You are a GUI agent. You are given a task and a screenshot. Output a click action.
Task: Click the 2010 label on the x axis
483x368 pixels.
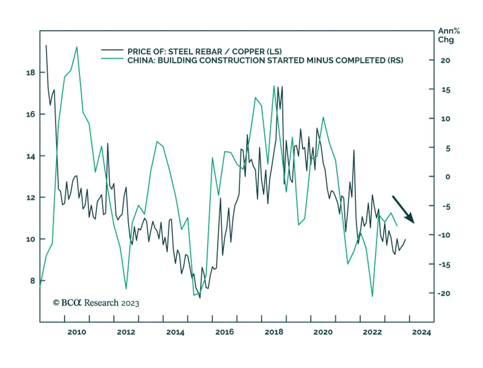77,332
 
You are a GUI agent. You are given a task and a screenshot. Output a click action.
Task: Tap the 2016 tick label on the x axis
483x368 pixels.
225,332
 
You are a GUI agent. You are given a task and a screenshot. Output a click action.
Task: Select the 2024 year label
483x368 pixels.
422,332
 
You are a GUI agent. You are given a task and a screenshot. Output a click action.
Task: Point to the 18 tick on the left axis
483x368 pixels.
31,73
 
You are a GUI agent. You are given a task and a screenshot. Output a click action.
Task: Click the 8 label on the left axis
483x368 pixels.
33,281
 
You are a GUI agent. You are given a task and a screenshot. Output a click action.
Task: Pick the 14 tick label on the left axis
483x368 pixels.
31,156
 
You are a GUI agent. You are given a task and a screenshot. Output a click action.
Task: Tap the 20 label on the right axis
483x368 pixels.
445,60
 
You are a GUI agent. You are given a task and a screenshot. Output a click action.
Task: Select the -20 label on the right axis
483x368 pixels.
444,293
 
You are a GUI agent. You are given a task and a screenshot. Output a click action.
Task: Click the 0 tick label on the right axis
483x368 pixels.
448,177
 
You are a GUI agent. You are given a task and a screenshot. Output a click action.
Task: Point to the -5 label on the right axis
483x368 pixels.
446,207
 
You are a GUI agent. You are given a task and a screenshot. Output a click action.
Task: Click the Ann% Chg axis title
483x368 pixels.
449,35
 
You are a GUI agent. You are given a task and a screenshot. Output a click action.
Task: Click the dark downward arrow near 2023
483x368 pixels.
403,209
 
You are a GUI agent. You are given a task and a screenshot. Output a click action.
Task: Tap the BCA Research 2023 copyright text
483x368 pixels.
96,303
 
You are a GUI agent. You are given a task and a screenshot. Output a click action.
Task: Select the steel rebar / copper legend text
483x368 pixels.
204,51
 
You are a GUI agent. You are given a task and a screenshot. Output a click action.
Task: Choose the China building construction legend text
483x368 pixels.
265,60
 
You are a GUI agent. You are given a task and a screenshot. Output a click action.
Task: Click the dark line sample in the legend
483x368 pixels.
112,50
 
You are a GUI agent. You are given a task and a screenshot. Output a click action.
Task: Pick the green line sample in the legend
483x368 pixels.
112,59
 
